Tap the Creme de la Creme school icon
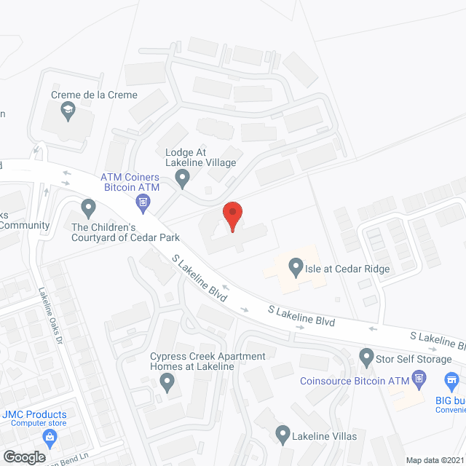tap(68, 111)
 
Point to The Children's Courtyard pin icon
tap(88, 209)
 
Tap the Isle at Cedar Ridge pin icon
tap(296, 269)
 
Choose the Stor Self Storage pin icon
tap(366, 358)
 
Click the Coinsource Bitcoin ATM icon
tap(418, 379)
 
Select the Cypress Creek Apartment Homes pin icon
tap(167, 381)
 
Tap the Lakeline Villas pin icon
tap(283, 435)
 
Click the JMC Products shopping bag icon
tap(50, 438)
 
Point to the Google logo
tap(23, 457)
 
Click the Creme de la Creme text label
tap(94, 95)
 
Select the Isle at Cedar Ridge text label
tap(348, 269)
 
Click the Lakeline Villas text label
tap(326, 435)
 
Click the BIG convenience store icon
tap(451, 380)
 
